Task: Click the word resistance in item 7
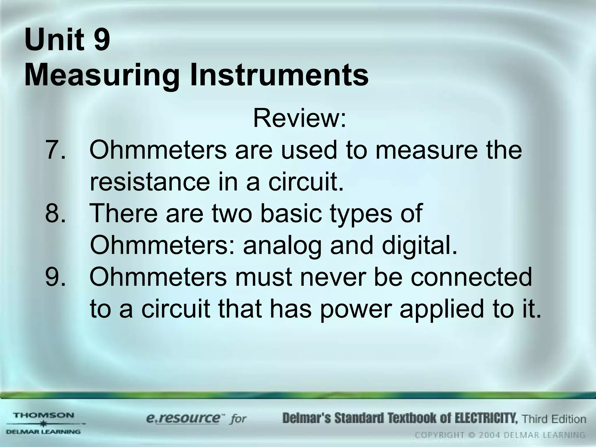(x=150, y=182)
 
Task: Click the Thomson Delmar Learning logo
(x=44, y=423)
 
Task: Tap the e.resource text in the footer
(x=183, y=419)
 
